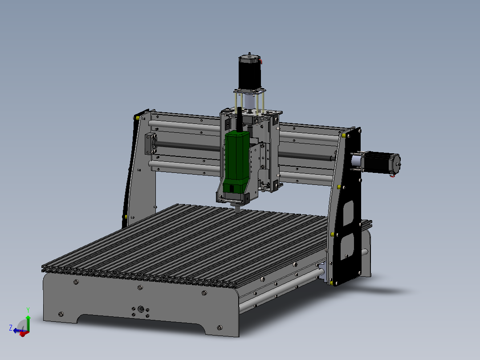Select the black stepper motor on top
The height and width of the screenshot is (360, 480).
click(x=249, y=74)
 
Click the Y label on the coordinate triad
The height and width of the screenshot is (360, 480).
click(x=28, y=309)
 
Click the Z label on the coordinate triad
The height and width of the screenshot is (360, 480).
click(x=10, y=327)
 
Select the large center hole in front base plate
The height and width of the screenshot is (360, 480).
click(x=141, y=308)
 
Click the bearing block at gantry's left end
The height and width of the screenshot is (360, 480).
click(x=151, y=143)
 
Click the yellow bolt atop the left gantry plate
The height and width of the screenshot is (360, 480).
click(x=138, y=118)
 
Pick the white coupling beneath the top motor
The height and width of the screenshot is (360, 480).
click(x=250, y=102)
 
